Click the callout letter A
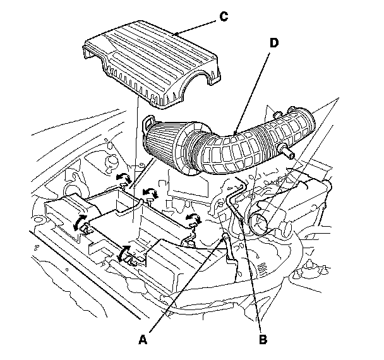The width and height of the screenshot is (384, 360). tap(144, 339)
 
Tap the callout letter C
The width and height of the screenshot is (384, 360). tap(223, 17)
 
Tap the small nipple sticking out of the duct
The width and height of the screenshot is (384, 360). tap(291, 153)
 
